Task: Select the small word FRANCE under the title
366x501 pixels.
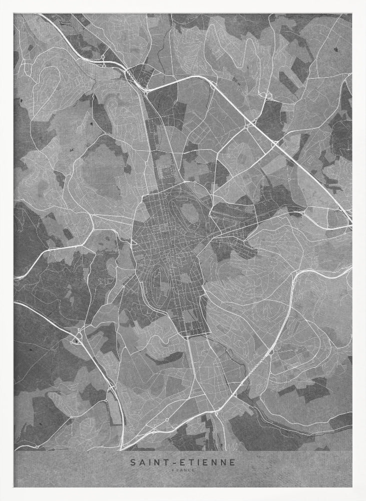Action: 183,470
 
